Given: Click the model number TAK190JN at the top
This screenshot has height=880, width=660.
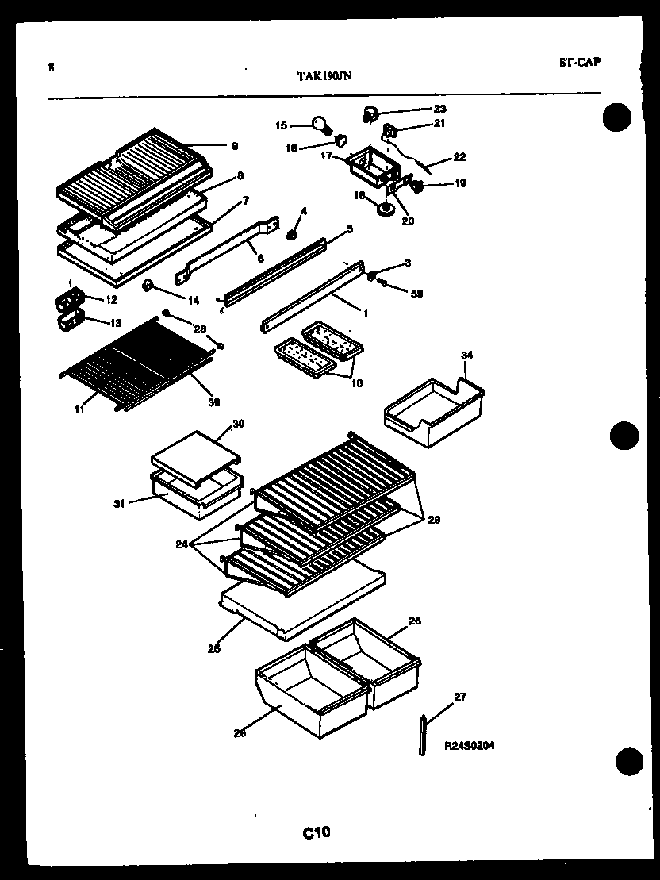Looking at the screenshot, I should click(x=324, y=76).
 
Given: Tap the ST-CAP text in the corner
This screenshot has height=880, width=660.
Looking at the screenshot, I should click(x=579, y=62).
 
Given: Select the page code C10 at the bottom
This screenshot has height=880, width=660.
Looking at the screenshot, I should click(x=316, y=832).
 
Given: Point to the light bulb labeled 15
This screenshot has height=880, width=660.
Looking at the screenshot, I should click(x=320, y=124).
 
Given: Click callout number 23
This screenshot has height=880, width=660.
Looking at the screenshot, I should click(x=439, y=109).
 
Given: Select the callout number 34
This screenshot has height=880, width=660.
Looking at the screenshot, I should click(x=466, y=355).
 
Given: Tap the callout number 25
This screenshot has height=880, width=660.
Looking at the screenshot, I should click(x=213, y=648).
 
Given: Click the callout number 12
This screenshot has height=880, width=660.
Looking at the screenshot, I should click(x=111, y=299).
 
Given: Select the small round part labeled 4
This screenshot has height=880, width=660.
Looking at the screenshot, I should click(x=292, y=235).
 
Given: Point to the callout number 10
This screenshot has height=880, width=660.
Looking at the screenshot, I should click(x=357, y=383).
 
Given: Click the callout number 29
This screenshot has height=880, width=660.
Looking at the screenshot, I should click(x=434, y=520).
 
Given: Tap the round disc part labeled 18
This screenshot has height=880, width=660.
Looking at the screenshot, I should click(x=386, y=209).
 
